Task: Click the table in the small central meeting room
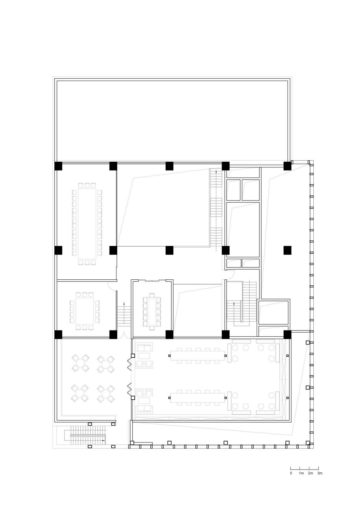tap(152, 311)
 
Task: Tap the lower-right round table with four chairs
tap(106, 394)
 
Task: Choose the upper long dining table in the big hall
tap(197, 355)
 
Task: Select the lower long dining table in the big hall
tap(197, 398)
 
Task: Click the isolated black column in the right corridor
tap(287, 250)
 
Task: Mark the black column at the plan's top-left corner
tap(58, 166)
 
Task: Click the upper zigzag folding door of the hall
tap(129, 363)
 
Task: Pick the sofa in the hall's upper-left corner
tap(144, 347)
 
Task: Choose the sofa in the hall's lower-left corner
tap(144, 409)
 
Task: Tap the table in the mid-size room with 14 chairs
tap(84, 311)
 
